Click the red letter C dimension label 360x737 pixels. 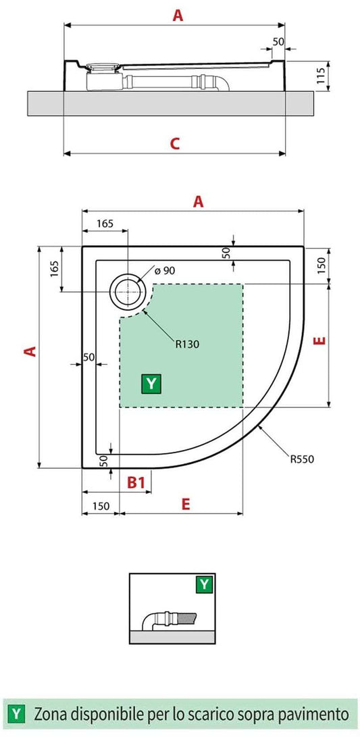(x=174, y=143)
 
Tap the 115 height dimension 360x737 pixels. (x=322, y=74)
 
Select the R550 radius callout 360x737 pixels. (x=303, y=460)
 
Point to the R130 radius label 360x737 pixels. (x=186, y=343)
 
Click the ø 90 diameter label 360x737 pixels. (x=165, y=270)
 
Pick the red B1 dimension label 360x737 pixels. (x=137, y=482)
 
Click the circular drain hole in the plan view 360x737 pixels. (x=127, y=292)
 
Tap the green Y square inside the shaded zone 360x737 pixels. (x=151, y=384)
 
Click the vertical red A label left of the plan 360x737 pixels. (x=29, y=351)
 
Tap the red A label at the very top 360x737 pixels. (x=177, y=16)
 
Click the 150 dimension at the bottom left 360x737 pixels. (x=101, y=505)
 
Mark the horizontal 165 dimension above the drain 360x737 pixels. (x=105, y=223)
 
